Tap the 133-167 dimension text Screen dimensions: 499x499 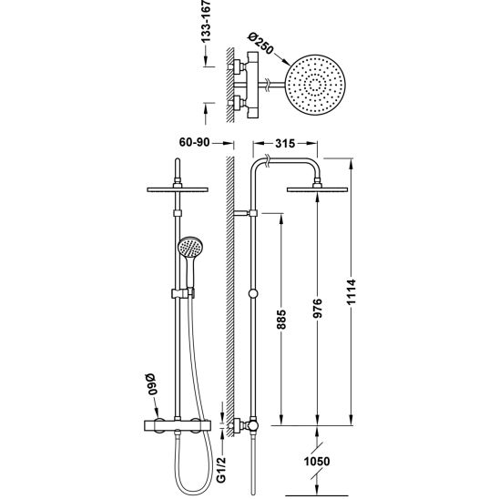(206, 21)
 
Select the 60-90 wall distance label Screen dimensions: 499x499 (195, 142)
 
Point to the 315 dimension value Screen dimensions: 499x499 (285, 144)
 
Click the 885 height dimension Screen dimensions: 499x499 (281, 319)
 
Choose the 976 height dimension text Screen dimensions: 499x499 (317, 308)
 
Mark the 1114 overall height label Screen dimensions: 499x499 (351, 291)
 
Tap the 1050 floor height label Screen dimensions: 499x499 (317, 461)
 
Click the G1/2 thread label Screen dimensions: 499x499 (222, 469)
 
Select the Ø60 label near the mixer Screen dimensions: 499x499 (153, 384)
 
